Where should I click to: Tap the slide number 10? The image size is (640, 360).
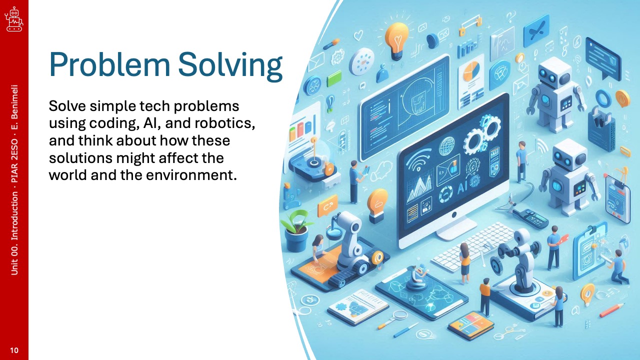[14, 350]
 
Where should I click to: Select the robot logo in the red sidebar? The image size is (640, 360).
[14, 19]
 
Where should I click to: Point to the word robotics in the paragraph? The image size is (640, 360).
[224, 123]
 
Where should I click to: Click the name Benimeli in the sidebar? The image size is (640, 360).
[14, 101]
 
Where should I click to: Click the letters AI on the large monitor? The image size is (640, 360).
[462, 188]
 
